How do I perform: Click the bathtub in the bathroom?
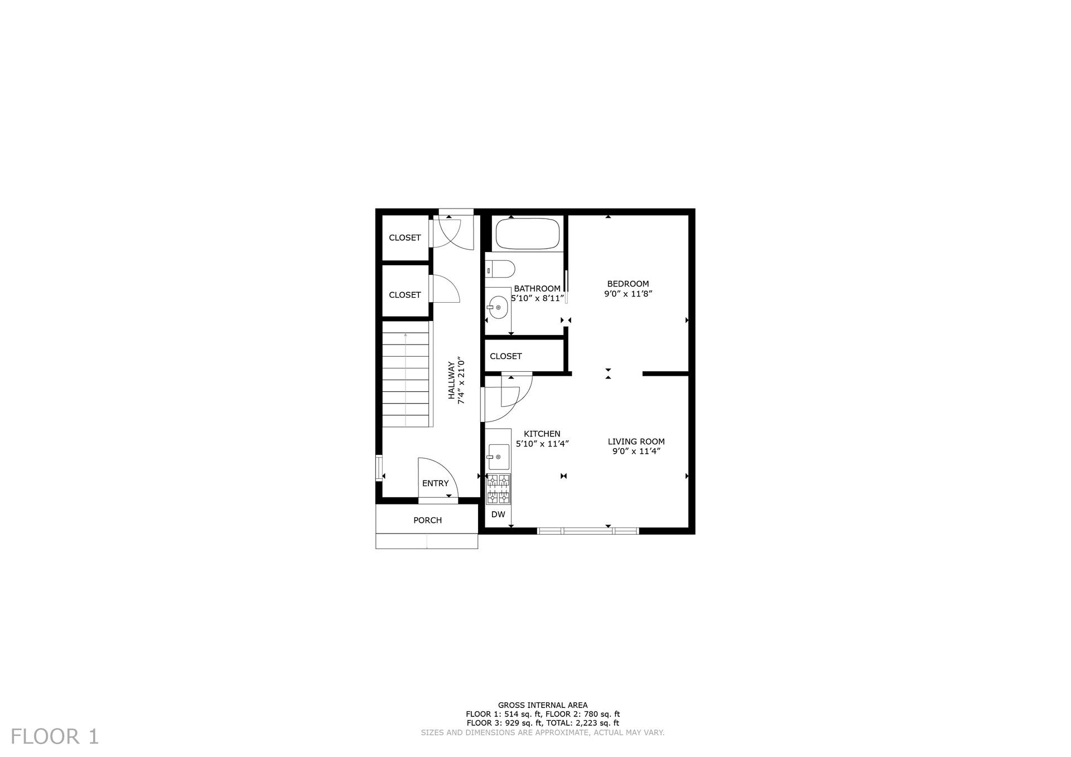tap(527, 234)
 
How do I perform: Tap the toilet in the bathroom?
tap(500, 269)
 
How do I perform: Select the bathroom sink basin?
tap(497, 307)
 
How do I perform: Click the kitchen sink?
tap(498, 457)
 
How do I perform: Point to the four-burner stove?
tap(498, 489)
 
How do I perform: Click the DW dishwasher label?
tap(498, 515)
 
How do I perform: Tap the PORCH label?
tap(427, 520)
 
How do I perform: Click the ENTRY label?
tap(435, 483)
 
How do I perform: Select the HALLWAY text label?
tap(451, 381)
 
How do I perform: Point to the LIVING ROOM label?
tap(636, 441)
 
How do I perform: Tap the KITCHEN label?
tap(542, 434)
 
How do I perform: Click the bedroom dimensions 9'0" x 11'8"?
tap(628, 294)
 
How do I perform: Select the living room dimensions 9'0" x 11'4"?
tap(636, 452)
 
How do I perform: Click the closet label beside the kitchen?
tap(506, 356)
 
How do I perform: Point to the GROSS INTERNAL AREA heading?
tap(543, 705)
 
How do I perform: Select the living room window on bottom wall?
tap(588, 531)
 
